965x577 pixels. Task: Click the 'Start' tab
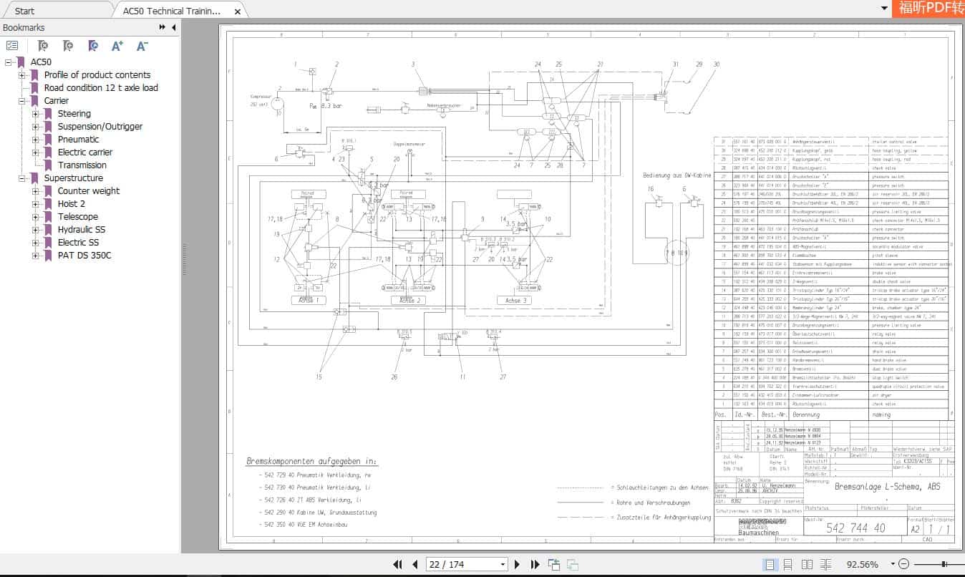pos(24,11)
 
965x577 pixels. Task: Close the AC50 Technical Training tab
pos(238,11)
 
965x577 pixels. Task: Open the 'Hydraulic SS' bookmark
pos(81,230)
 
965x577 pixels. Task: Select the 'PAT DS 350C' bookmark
pos(84,256)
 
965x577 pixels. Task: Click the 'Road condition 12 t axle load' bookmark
pos(101,88)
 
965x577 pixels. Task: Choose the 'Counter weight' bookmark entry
pos(89,191)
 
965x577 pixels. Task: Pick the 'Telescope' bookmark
pos(78,217)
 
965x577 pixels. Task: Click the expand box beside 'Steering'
pos(36,114)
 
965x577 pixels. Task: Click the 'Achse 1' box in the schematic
pos(308,301)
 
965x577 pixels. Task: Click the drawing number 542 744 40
pos(855,528)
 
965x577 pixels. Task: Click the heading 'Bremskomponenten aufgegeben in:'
pos(311,462)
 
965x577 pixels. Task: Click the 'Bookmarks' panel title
pos(24,28)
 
